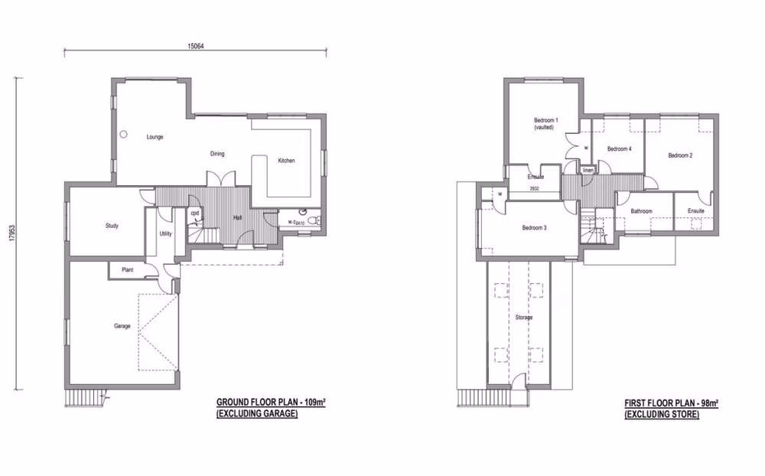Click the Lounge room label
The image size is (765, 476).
pos(155,137)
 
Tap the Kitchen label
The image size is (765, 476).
pos(286,161)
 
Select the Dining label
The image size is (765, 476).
pos(218,154)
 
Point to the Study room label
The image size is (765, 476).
pos(112,226)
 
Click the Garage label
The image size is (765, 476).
pos(122,326)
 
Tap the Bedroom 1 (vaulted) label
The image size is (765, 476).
pos(546,124)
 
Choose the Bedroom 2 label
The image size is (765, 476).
pos(680,155)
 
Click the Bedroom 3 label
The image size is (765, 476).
pos(534,228)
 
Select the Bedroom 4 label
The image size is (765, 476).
pos(619,148)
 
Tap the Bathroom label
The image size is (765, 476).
pos(641,210)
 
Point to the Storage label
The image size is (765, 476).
pos(523,317)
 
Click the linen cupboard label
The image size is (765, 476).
pos(588,170)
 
